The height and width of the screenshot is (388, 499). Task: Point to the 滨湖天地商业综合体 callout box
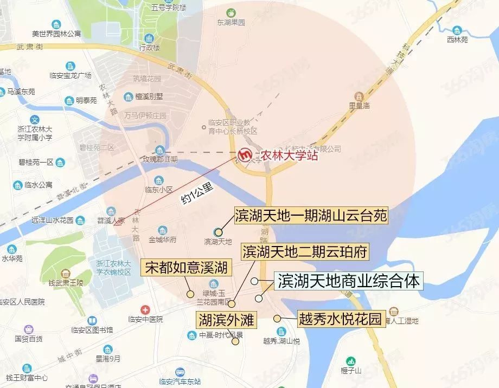point(349,281)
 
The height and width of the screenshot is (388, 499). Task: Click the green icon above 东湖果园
point(231,12)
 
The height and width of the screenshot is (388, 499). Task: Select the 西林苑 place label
point(457,40)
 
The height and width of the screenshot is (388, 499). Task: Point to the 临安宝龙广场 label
point(70,75)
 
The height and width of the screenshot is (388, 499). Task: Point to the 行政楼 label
point(150,47)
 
